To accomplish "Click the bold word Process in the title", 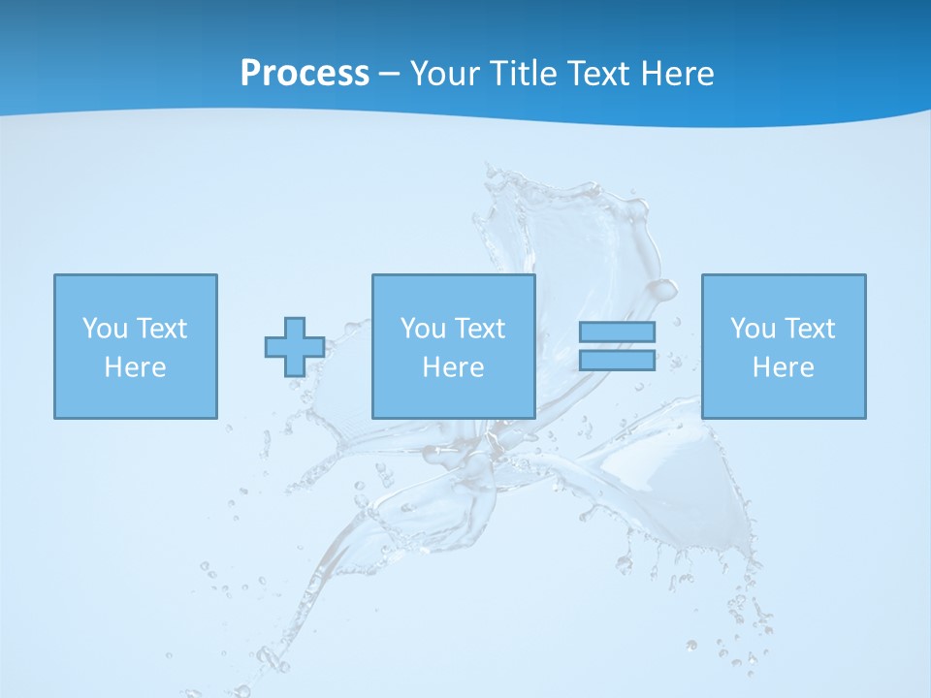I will (x=305, y=74).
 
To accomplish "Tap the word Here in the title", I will (x=678, y=74).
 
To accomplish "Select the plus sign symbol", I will (x=295, y=347).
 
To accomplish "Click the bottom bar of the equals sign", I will (x=617, y=361).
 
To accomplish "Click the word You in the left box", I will (x=105, y=329).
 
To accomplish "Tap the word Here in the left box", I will (x=135, y=367).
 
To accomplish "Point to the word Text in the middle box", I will (x=479, y=329).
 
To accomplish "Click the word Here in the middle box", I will (x=453, y=367).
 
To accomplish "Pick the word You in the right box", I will (x=753, y=329).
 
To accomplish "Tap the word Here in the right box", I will (x=783, y=367).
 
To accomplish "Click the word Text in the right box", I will (x=809, y=329).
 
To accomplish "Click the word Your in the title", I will (x=442, y=74).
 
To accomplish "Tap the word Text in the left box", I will (x=161, y=329).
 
